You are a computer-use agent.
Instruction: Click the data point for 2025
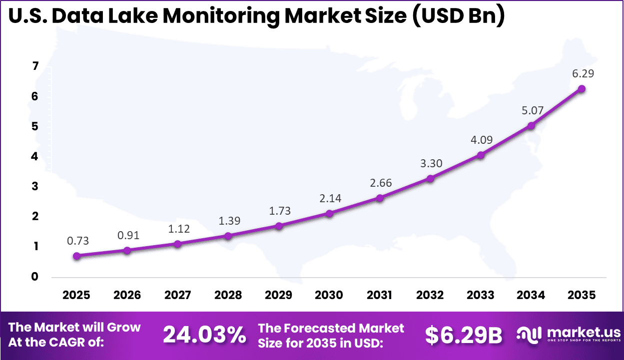click(76, 256)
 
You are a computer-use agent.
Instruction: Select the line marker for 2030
click(329, 214)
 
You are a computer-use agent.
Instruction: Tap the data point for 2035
click(582, 89)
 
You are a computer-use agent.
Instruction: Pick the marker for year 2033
click(481, 155)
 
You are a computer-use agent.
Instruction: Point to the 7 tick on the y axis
click(35, 67)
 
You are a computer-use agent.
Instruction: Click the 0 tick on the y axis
click(35, 277)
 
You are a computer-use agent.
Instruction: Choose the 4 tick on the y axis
click(35, 157)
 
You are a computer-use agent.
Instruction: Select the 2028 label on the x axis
click(228, 295)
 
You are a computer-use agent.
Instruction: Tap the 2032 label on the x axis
click(430, 295)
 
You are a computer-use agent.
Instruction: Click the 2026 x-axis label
click(127, 295)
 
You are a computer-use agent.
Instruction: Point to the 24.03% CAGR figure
click(205, 335)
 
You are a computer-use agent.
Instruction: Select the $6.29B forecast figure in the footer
click(463, 336)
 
